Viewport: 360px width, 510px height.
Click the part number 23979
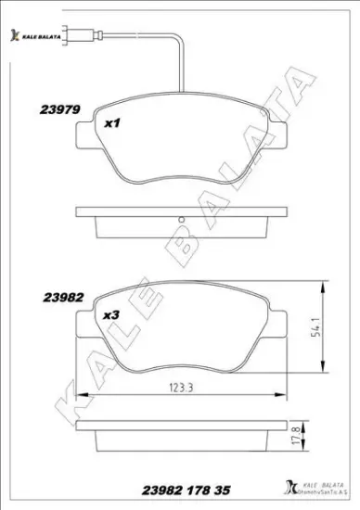[62, 108]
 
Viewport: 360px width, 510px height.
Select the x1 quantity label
[112, 121]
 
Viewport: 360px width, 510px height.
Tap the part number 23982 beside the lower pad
[63, 299]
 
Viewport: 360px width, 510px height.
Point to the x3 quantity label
[111, 315]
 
